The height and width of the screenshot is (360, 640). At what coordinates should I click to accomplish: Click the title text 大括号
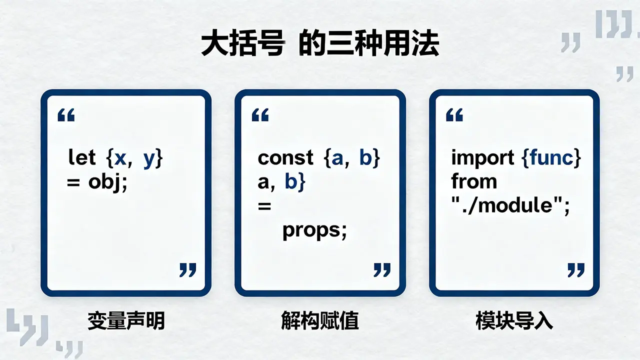242,44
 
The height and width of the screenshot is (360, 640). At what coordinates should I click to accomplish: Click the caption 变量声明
126,321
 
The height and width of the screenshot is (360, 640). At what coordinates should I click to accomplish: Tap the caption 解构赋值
320,321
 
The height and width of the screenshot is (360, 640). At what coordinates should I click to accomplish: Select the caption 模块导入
514,321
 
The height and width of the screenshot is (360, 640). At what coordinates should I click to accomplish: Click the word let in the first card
82,157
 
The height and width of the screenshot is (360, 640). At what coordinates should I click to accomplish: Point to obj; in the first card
107,182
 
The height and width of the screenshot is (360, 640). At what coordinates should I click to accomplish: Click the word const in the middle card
285,157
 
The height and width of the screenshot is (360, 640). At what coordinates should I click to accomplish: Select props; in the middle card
314,231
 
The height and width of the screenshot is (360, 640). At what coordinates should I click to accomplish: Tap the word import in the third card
482,157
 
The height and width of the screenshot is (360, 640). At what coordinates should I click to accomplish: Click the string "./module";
510,205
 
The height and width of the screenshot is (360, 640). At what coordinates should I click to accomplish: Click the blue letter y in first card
149,159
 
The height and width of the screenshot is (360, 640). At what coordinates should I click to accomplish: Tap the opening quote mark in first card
66,115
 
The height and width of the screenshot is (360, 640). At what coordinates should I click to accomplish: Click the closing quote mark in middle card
382,270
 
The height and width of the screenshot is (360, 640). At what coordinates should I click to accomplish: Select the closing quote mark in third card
576,270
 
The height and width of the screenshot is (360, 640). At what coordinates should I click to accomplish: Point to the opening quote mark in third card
454,115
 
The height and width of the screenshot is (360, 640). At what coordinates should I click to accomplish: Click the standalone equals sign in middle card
264,205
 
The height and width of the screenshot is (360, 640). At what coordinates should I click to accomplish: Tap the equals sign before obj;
73,182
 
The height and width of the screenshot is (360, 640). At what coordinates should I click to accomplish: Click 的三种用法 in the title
369,44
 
